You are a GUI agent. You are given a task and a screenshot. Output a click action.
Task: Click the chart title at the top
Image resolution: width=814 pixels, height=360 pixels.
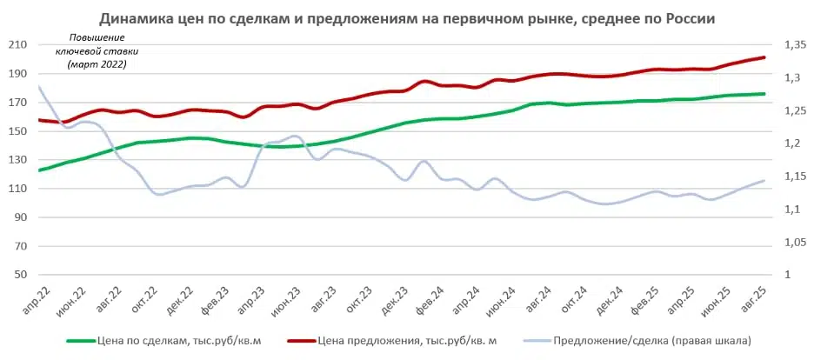406,18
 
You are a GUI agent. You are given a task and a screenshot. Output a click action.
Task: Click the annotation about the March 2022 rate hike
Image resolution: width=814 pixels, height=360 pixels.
97,51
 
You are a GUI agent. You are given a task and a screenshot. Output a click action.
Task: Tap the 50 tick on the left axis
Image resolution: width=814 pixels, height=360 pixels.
20,275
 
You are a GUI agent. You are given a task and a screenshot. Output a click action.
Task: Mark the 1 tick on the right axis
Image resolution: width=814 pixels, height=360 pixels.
789,275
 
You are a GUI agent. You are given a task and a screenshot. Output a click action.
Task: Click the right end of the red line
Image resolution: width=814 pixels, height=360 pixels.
764,57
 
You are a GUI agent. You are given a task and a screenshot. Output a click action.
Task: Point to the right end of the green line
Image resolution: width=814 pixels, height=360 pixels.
764,94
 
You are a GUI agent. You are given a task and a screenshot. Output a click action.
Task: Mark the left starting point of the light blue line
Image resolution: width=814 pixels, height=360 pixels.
39,86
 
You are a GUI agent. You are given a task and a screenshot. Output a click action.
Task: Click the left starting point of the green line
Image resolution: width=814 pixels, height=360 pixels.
39,170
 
